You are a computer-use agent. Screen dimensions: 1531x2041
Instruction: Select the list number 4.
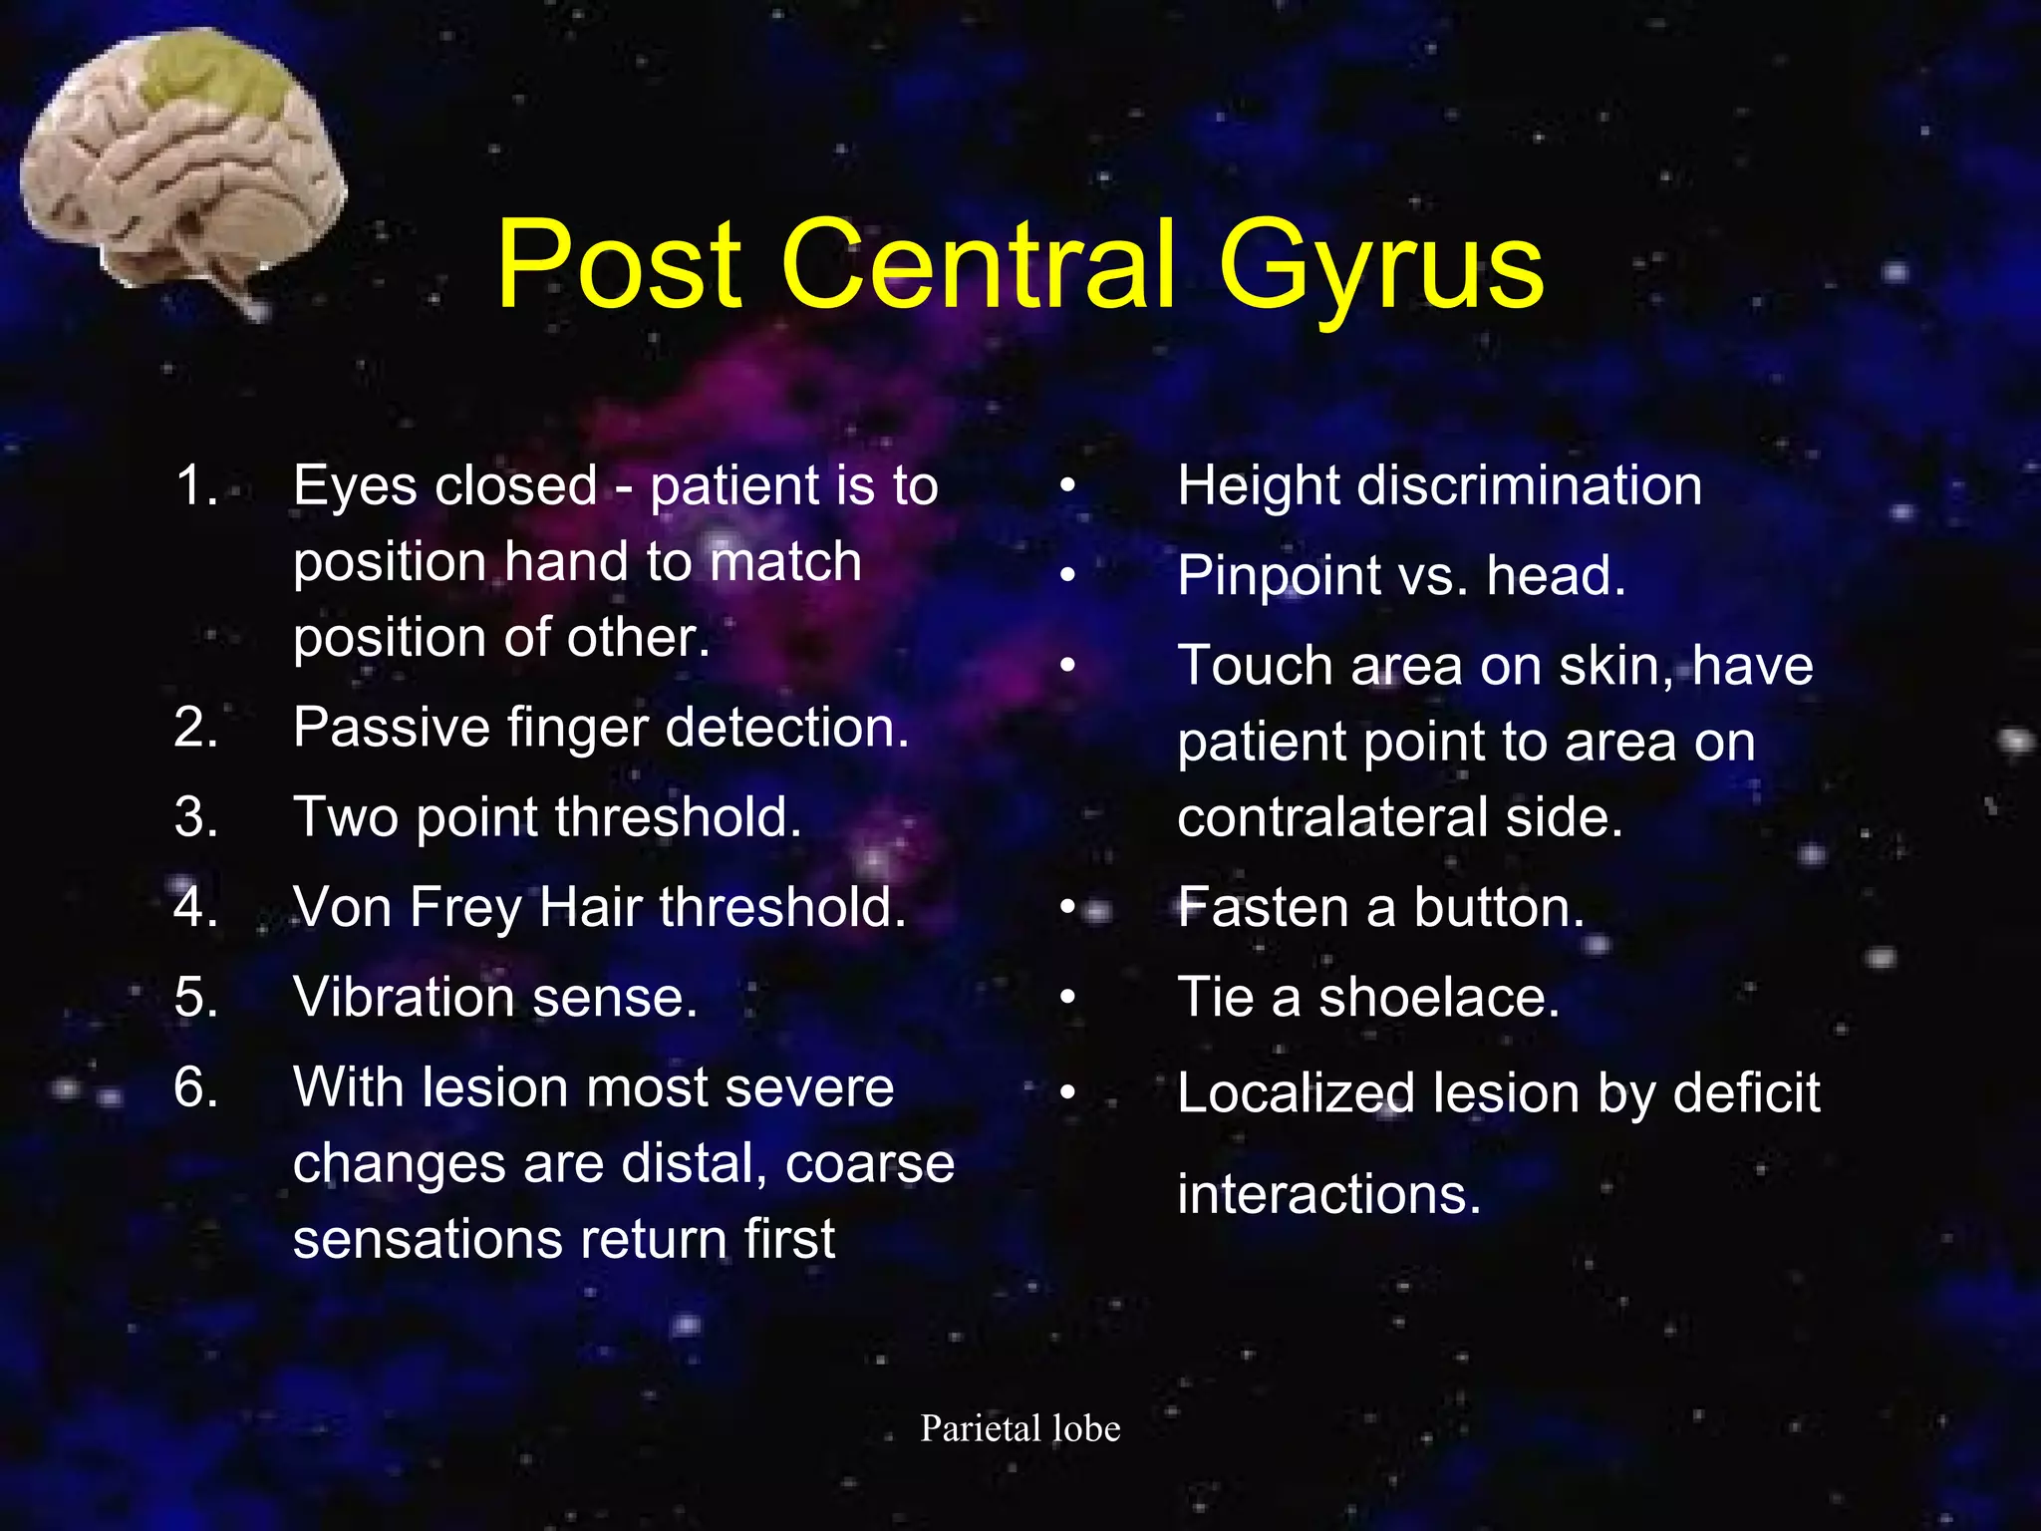195,907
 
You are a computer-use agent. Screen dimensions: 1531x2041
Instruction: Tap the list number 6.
195,1086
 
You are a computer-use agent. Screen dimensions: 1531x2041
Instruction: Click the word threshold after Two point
678,817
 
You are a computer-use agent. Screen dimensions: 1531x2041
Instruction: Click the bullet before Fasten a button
1068,907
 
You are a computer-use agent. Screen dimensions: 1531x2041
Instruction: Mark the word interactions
1328,1194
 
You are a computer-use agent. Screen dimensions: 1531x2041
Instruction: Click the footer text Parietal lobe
1020,1428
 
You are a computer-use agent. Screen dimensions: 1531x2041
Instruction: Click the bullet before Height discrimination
1068,486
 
